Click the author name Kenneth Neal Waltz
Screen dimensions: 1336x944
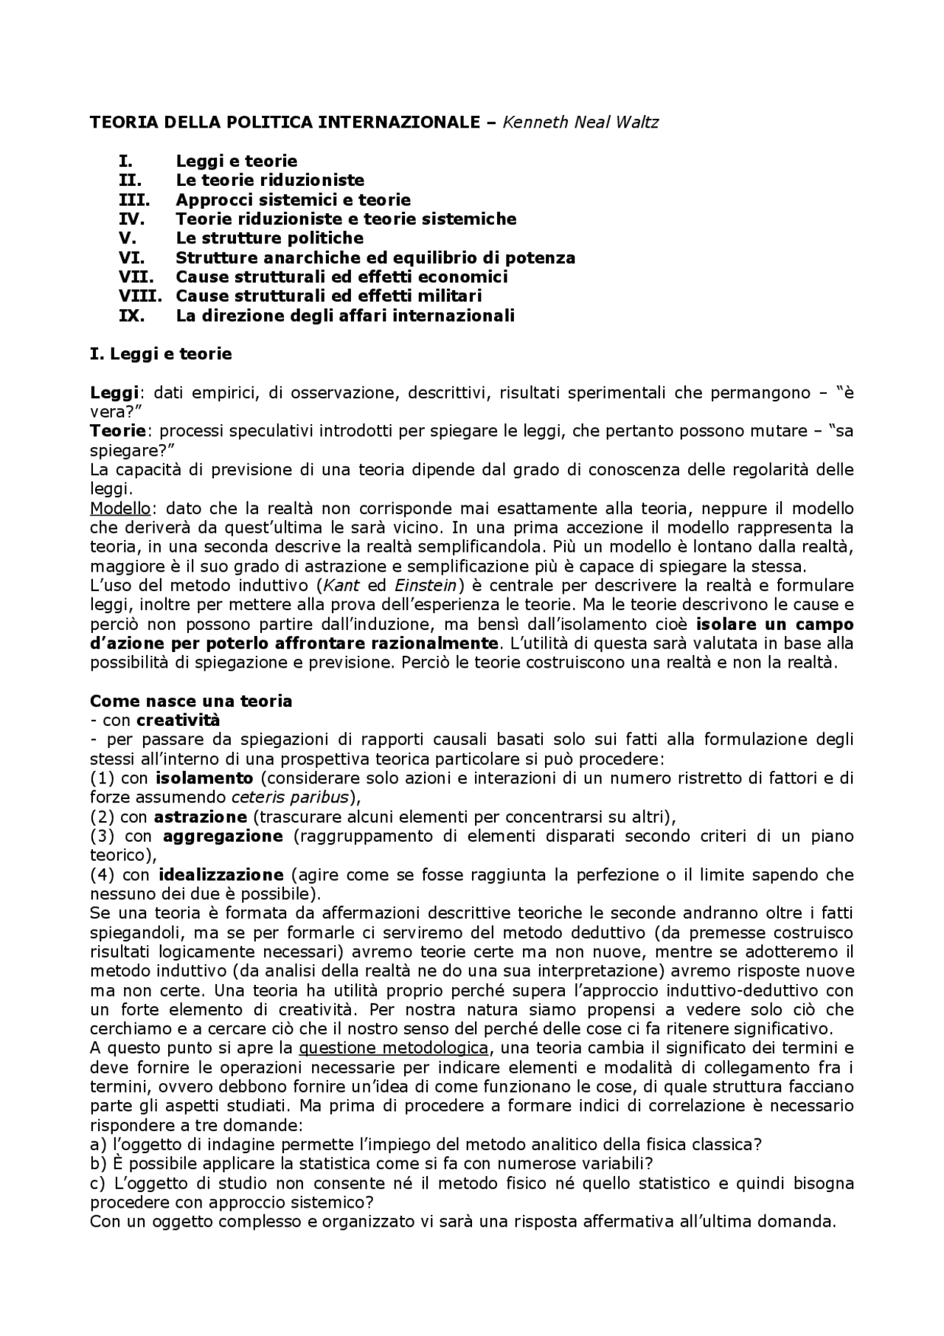(x=580, y=122)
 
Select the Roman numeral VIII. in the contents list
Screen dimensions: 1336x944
(x=140, y=296)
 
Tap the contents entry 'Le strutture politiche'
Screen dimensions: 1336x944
(x=269, y=238)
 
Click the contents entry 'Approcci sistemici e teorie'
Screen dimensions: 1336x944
(x=293, y=200)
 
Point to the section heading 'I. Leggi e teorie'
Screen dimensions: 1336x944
(x=161, y=354)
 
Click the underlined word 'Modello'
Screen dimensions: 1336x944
(x=120, y=508)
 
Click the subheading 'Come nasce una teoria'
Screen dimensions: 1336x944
(x=191, y=701)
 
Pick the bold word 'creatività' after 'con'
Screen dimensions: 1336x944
(x=178, y=720)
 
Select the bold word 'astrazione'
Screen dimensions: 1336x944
(x=200, y=817)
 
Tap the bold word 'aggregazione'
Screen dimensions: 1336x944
(x=223, y=836)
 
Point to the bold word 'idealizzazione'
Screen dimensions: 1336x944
(x=221, y=875)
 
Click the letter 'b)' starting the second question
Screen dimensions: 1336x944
(x=98, y=1164)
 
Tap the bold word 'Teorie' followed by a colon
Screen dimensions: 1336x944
(x=119, y=431)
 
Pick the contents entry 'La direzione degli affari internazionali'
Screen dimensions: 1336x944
(x=344, y=316)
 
